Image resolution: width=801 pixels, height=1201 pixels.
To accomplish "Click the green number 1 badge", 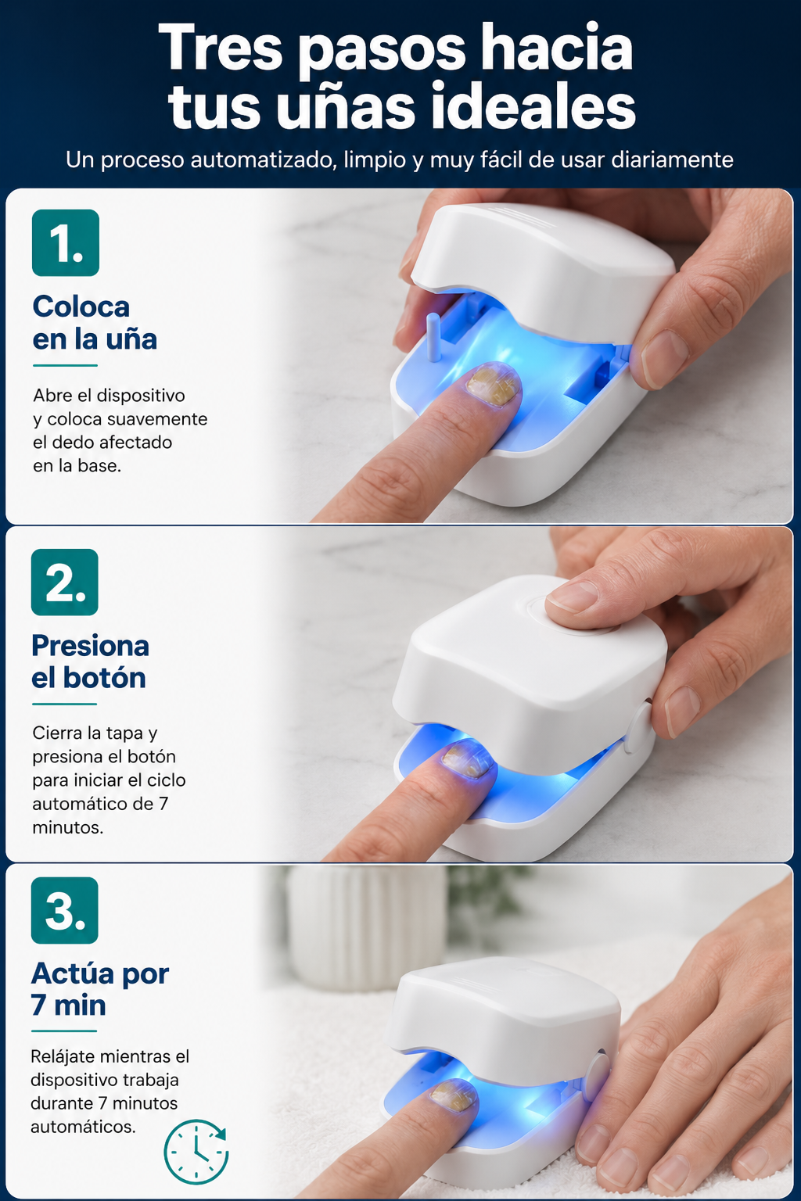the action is click(x=66, y=243).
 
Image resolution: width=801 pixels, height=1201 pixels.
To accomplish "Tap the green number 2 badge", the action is click(x=64, y=583).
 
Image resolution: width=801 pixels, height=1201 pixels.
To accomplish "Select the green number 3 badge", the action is click(x=64, y=910).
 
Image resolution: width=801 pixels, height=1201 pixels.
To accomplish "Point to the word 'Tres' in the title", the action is click(x=221, y=48).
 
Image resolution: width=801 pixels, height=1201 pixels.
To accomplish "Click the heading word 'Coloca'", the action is click(x=81, y=307).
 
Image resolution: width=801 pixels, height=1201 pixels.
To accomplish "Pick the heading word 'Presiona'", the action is click(x=90, y=646).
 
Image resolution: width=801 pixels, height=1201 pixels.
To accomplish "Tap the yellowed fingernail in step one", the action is click(x=493, y=385).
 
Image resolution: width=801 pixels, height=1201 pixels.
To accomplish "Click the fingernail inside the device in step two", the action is click(x=467, y=759).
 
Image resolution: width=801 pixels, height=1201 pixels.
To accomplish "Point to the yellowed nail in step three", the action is click(x=454, y=1095).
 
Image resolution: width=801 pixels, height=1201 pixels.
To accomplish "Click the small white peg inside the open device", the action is click(x=433, y=337).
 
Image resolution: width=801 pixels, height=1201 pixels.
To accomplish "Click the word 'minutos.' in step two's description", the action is click(x=67, y=828).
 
